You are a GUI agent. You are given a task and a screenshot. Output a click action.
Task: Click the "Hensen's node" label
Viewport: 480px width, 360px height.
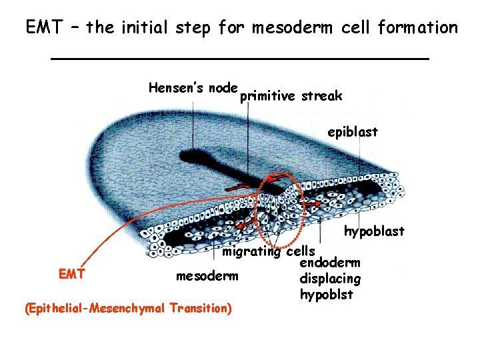[x=193, y=87]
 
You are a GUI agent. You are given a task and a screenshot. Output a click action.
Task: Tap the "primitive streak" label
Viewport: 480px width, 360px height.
[x=291, y=96]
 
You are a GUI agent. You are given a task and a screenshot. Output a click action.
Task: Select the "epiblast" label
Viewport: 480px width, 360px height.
[x=352, y=132]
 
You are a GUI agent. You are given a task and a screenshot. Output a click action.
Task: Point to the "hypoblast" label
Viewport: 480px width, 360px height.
[x=374, y=231]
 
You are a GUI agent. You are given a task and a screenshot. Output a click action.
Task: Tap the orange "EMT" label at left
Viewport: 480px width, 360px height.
[x=71, y=273]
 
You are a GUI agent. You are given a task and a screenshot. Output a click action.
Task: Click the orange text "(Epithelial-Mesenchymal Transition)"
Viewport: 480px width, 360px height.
[x=127, y=308]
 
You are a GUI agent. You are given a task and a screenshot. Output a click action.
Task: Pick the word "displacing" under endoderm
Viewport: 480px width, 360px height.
[x=331, y=279]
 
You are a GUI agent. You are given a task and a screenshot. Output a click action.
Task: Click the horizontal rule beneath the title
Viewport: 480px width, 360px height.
[x=240, y=59]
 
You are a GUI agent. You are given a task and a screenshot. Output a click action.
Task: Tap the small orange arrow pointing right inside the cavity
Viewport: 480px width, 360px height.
[x=316, y=200]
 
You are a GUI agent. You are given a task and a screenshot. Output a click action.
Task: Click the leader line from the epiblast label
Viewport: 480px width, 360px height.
[x=361, y=157]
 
